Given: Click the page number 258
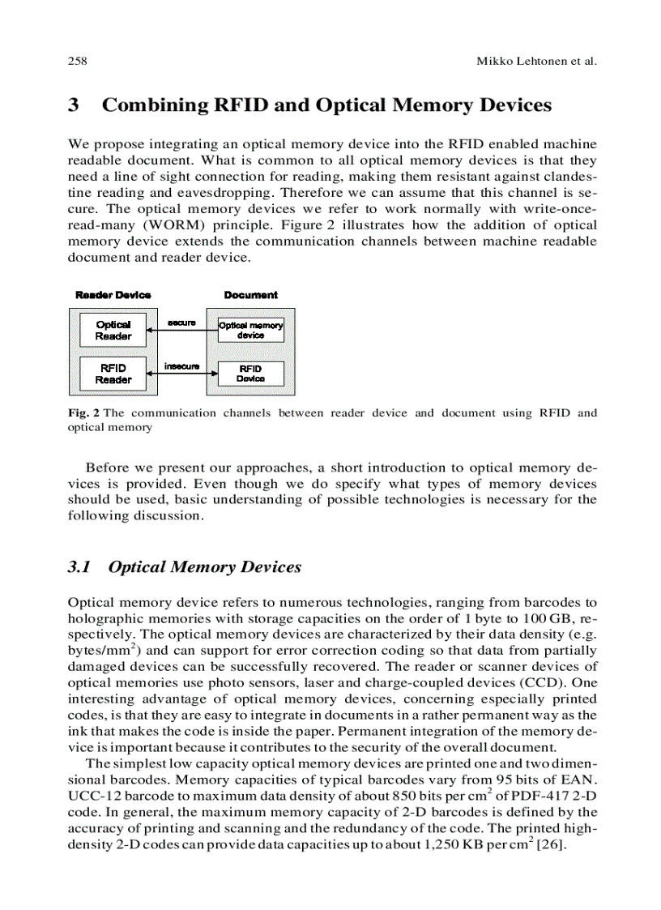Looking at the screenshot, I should pyautogui.click(x=77, y=62).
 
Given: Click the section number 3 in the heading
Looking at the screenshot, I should pyautogui.click(x=74, y=105).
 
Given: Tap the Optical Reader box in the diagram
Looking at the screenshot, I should pyautogui.click(x=113, y=330).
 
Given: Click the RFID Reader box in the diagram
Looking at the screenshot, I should pyautogui.click(x=113, y=374).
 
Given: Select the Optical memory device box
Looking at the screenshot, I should pyautogui.click(x=250, y=330).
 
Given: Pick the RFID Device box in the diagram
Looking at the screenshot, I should pyautogui.click(x=250, y=374).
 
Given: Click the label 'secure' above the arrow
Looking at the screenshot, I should pyautogui.click(x=181, y=323).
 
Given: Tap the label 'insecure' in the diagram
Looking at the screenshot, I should pyautogui.click(x=181, y=366).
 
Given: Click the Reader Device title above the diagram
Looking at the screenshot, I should pyautogui.click(x=113, y=295).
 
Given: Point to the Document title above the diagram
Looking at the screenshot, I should pyautogui.click(x=250, y=295).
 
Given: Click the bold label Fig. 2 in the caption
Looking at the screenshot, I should pyautogui.click(x=83, y=413).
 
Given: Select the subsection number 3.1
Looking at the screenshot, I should pyautogui.click(x=79, y=567).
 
